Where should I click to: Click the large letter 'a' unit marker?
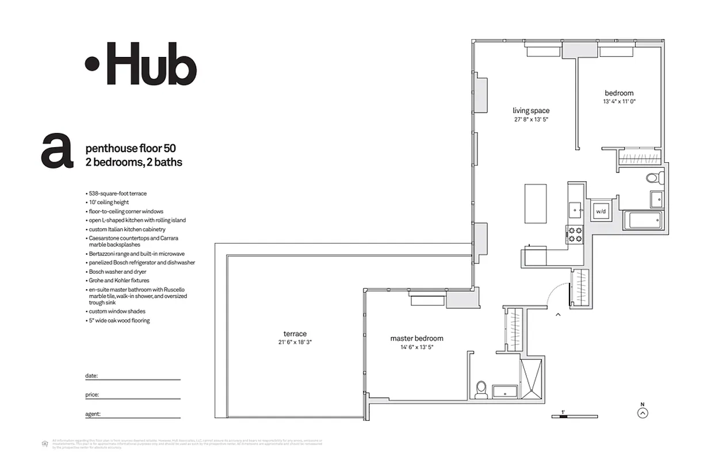pos(57,151)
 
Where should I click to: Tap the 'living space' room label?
pos(531,110)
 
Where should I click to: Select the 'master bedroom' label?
pos(416,339)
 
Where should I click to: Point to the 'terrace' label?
pos(295,333)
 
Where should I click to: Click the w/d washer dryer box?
pos(601,211)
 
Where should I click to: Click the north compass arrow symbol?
pos(643,412)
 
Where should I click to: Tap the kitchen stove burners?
pos(575,234)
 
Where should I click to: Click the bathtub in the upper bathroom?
pos(643,220)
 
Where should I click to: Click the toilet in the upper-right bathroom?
pos(653,178)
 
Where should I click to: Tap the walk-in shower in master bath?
pos(530,378)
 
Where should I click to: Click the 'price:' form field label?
pos(92,395)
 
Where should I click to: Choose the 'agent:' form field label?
pos(93,413)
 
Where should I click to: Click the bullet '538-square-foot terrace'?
pos(117,194)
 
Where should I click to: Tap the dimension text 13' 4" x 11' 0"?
pos(619,101)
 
